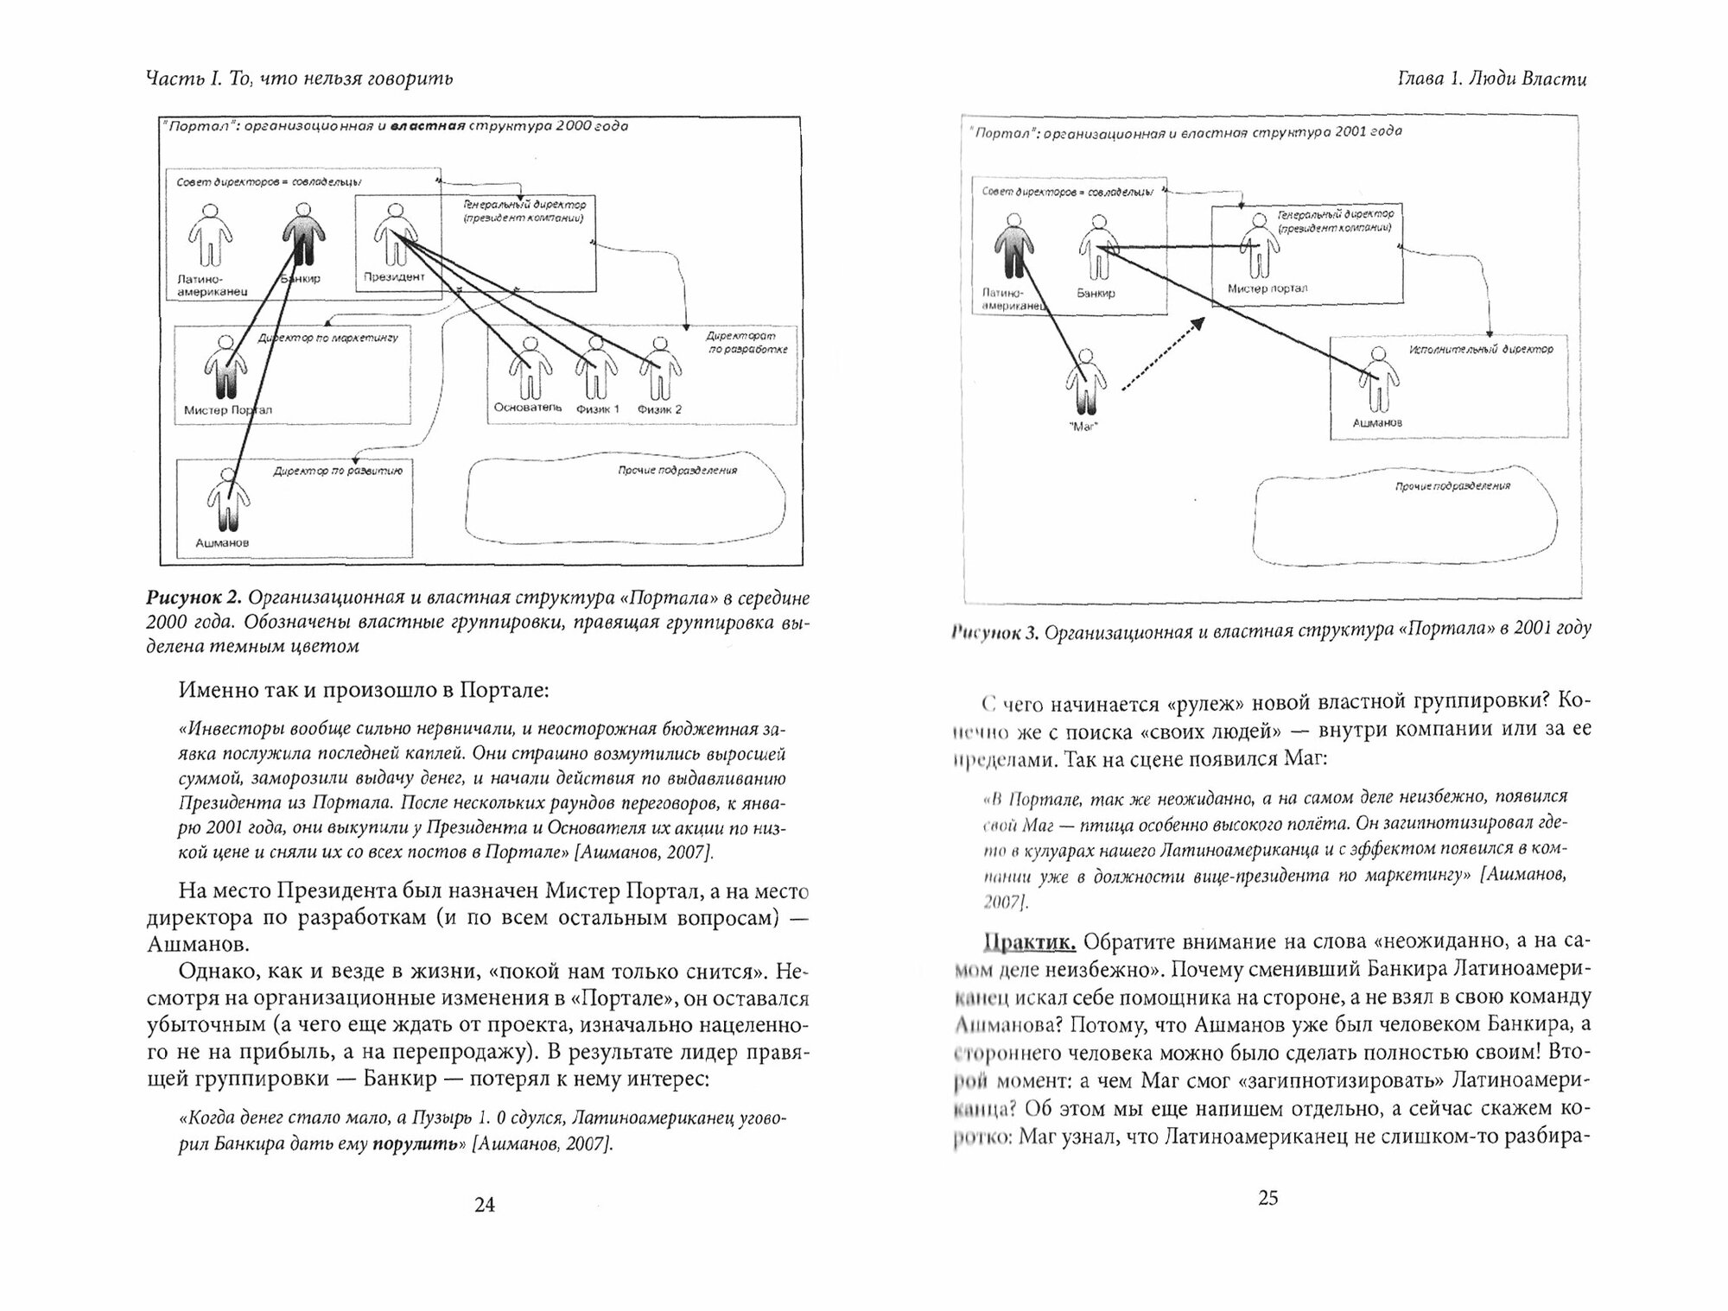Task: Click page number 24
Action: click(x=485, y=1205)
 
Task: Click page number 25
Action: click(x=1267, y=1198)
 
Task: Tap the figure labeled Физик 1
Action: click(x=594, y=369)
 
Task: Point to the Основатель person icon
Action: click(x=528, y=369)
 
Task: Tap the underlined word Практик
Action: click(x=1031, y=940)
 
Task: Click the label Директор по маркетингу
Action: click(x=328, y=338)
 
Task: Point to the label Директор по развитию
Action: click(x=338, y=472)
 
